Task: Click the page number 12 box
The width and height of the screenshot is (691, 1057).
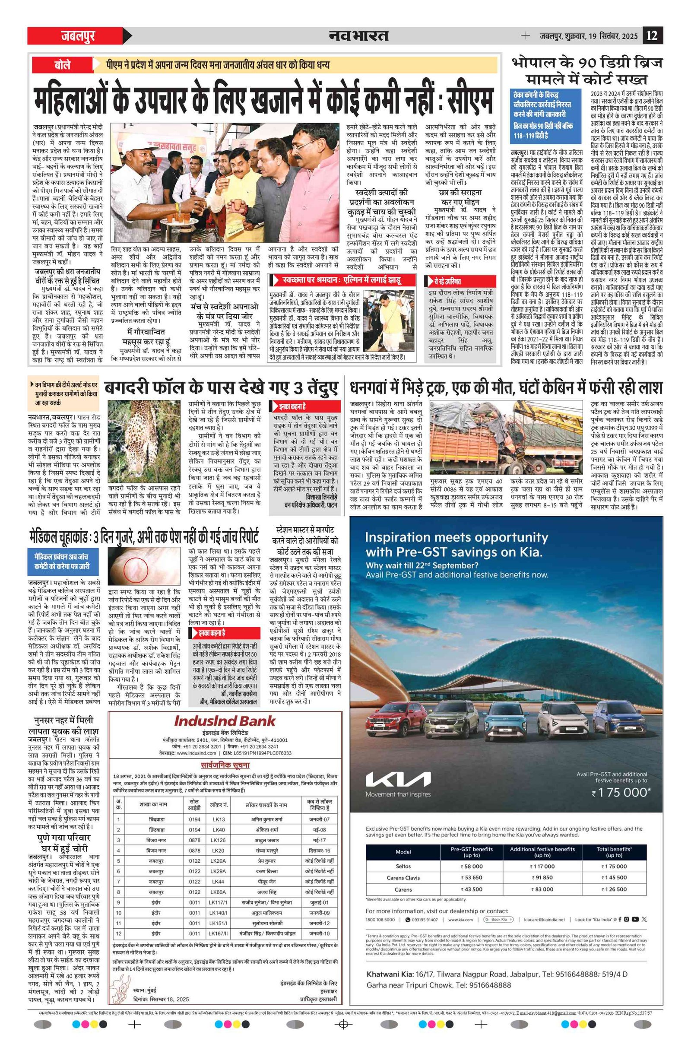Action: pyautogui.click(x=653, y=35)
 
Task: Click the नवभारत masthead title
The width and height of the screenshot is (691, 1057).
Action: pyautogui.click(x=358, y=35)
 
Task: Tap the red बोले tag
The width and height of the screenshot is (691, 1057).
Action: pyautogui.click(x=63, y=65)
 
